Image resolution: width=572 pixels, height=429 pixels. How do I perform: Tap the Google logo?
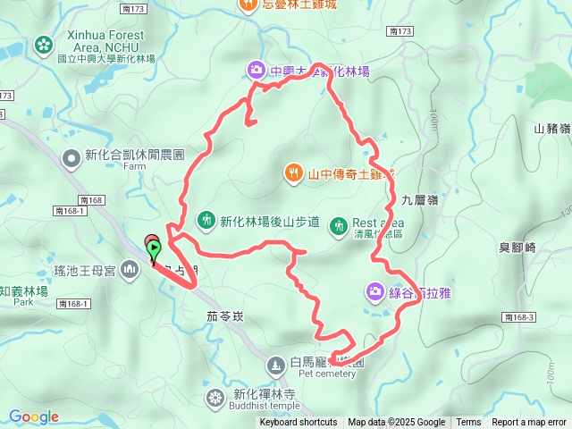pos(34,416)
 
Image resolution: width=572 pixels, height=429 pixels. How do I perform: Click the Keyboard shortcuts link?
pos(299,423)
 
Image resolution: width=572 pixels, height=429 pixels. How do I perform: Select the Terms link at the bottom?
pos(467,423)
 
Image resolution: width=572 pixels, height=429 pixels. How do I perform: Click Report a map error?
pos(529,423)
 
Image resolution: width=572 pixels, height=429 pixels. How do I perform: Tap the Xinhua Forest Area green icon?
pos(43,44)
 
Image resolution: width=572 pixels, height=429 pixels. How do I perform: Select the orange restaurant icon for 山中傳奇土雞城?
pos(292,172)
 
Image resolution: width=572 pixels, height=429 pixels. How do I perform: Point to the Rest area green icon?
pos(338,226)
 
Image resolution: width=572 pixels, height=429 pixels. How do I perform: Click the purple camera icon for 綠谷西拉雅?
pos(374,291)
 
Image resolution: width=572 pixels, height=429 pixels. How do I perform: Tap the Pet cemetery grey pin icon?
pos(275,364)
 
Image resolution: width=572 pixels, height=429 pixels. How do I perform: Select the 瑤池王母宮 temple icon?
pos(130,268)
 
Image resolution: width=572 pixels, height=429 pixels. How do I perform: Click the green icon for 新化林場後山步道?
pos(206,220)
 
